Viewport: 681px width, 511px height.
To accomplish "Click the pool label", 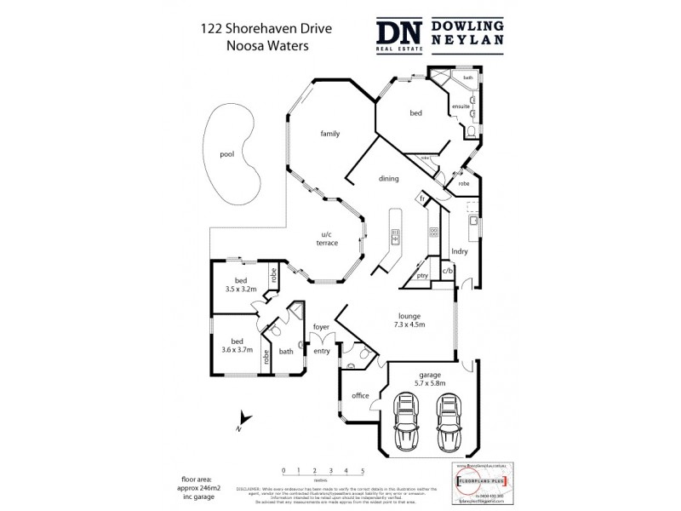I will click(226, 154).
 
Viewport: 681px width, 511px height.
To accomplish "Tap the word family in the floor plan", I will click(330, 134).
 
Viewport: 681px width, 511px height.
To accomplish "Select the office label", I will click(360, 396).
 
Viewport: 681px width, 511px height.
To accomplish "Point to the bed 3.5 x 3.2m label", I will click(241, 285).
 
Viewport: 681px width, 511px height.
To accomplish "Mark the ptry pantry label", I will click(422, 276).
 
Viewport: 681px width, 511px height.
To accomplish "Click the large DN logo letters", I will click(400, 35).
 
